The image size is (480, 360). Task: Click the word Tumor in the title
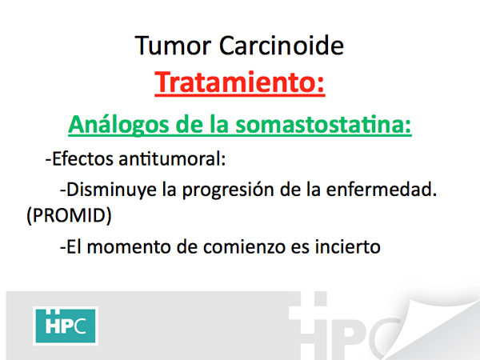[x=173, y=46]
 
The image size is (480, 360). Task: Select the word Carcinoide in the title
[x=282, y=46]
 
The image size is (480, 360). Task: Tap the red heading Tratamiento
[x=240, y=82]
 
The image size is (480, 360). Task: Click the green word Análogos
[x=118, y=126]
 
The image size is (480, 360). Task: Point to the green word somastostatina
[x=323, y=125]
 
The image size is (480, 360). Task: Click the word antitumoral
[x=172, y=159]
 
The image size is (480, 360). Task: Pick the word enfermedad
[x=382, y=189]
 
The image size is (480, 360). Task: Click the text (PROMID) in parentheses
[x=69, y=215]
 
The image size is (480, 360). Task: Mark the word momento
[x=129, y=247]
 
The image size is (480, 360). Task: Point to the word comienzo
[x=244, y=247]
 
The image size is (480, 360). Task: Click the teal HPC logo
[x=66, y=326]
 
